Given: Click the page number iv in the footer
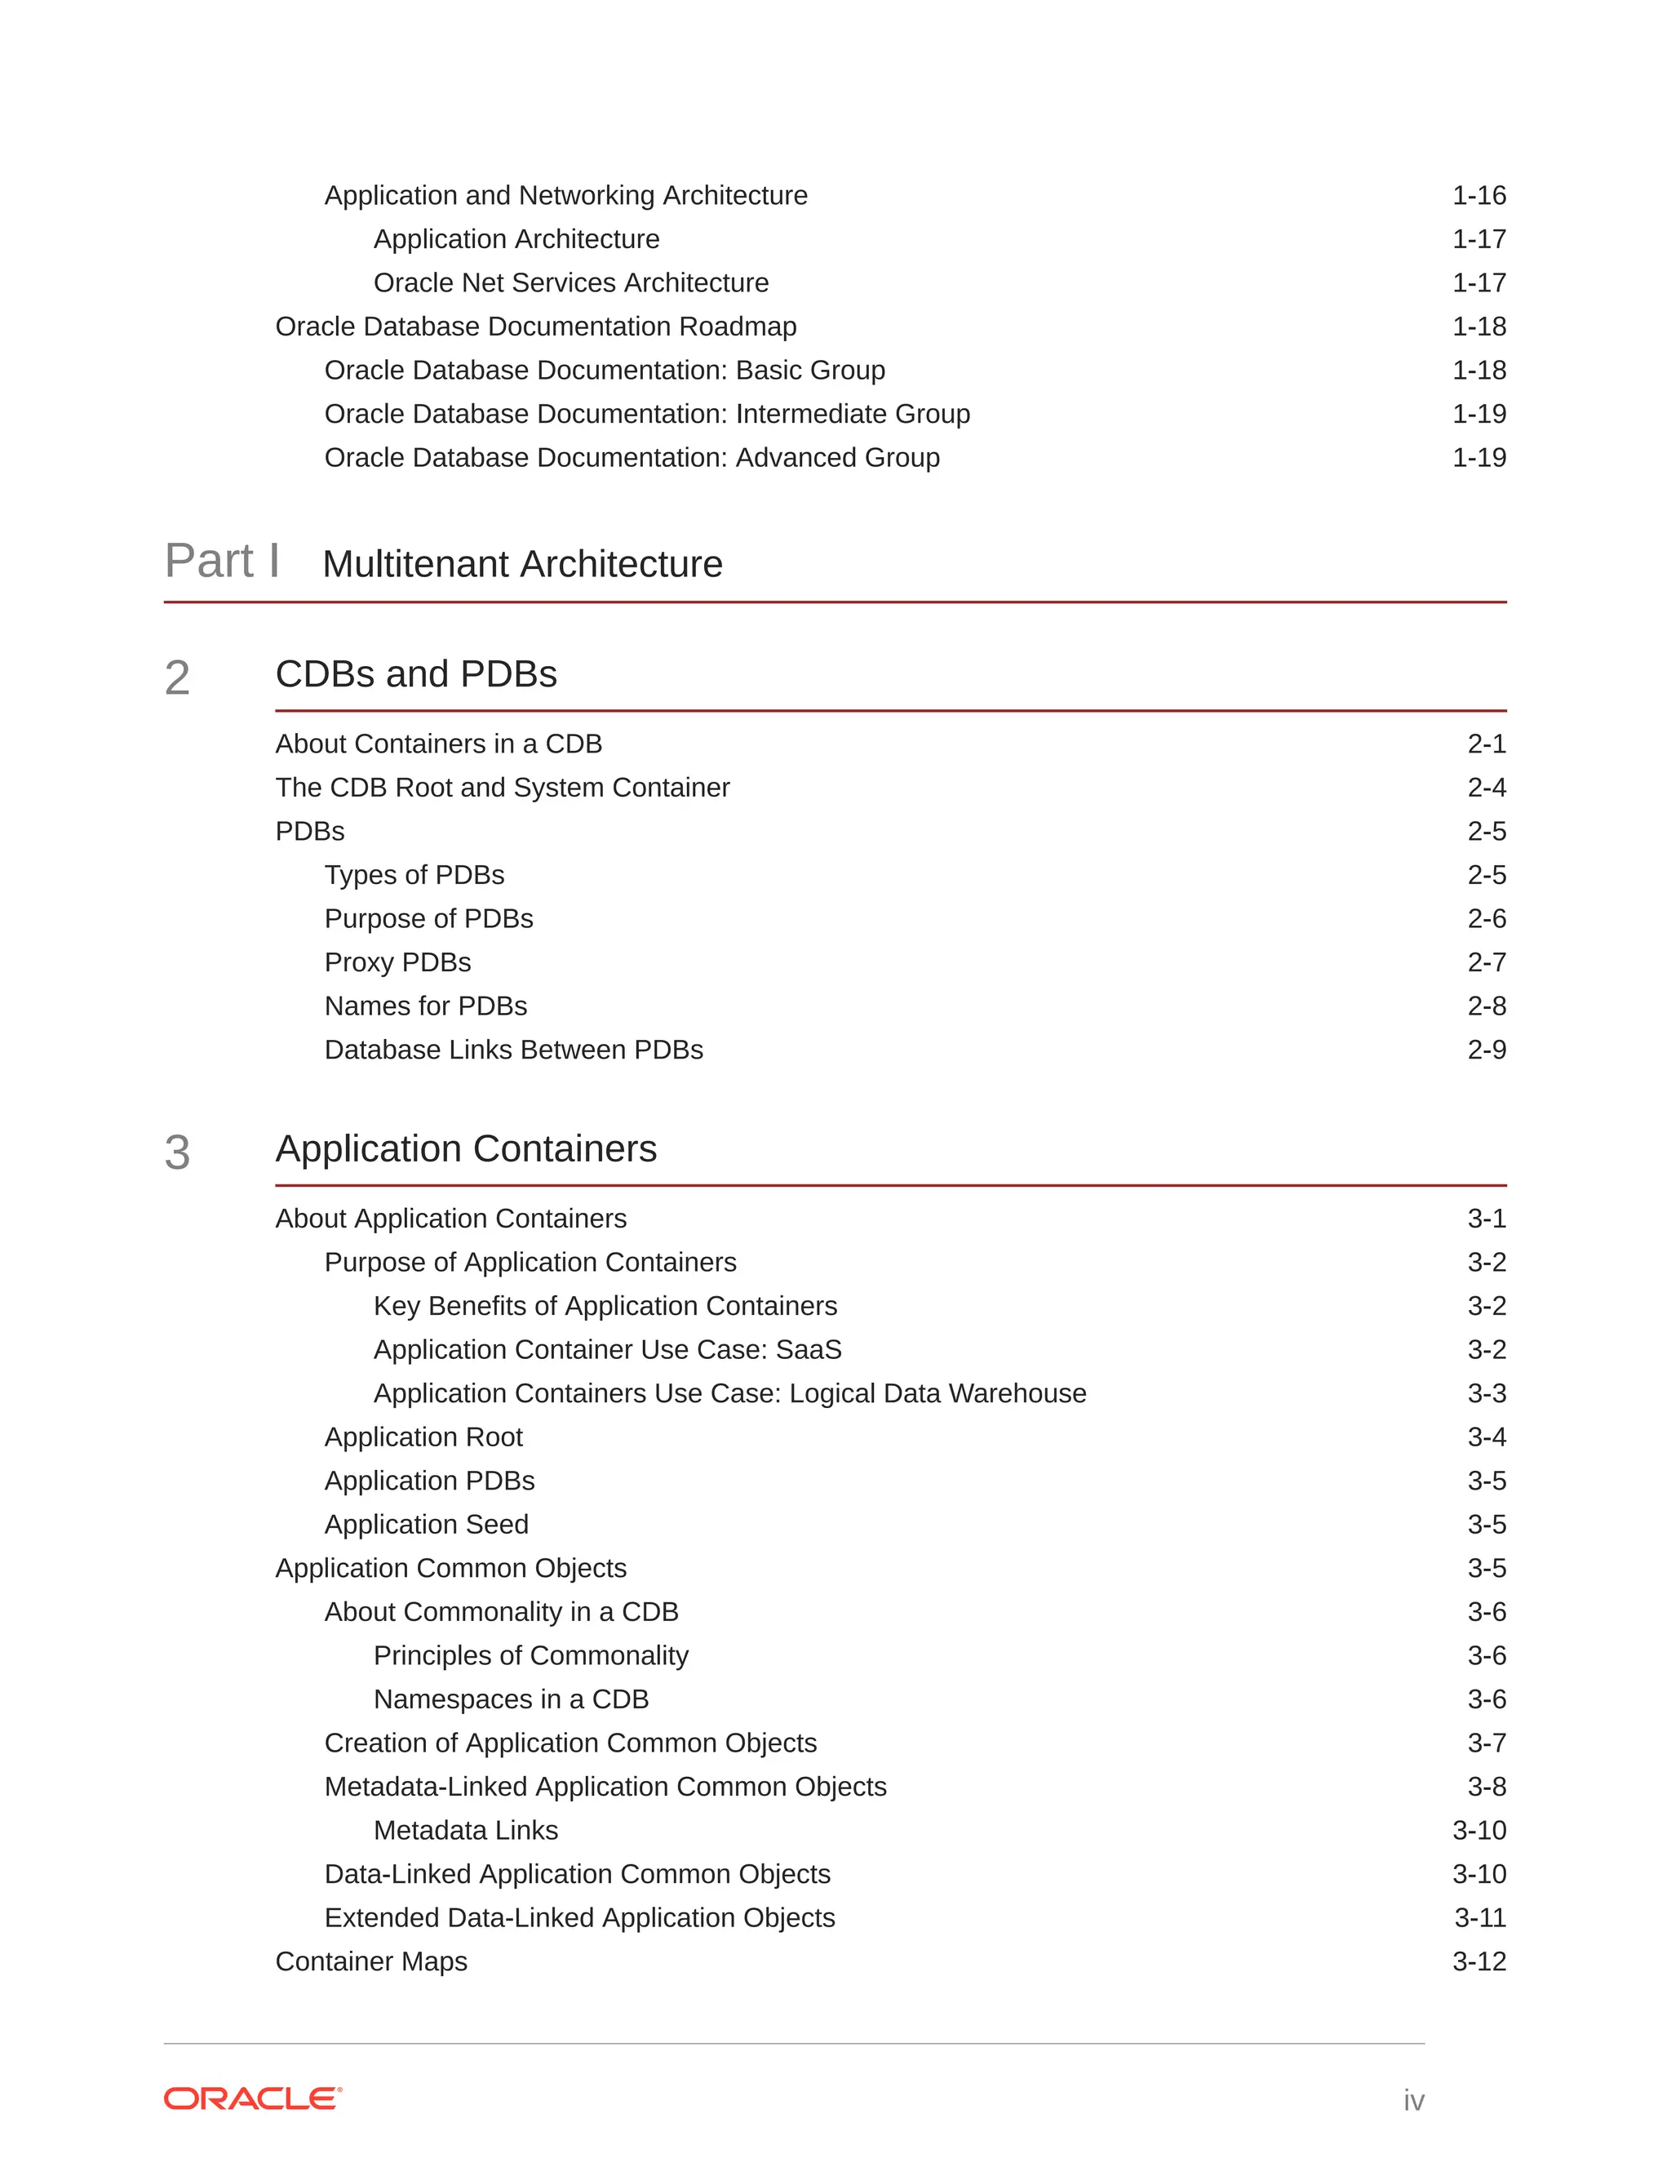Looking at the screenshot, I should click(x=1412, y=2099).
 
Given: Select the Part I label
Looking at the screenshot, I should click(x=222, y=562).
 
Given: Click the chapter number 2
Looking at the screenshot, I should click(x=177, y=678).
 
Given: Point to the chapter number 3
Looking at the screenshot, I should click(x=177, y=1153).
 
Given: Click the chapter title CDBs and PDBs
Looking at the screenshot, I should click(x=416, y=674).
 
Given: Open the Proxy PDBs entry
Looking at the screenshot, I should click(x=397, y=962).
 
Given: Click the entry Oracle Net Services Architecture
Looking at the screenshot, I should click(x=570, y=283).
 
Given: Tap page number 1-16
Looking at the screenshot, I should click(x=1478, y=196).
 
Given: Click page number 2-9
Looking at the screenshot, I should click(x=1486, y=1050).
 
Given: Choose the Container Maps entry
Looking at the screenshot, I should click(x=370, y=1961).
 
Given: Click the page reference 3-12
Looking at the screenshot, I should click(x=1478, y=1961).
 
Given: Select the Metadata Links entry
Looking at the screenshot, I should click(x=465, y=1830).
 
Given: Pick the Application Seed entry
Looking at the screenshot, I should click(x=426, y=1524).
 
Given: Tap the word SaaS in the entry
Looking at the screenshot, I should click(x=809, y=1350).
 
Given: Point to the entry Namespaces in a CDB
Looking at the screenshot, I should click(x=511, y=1699).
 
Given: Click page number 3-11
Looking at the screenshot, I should click(x=1479, y=1917).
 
